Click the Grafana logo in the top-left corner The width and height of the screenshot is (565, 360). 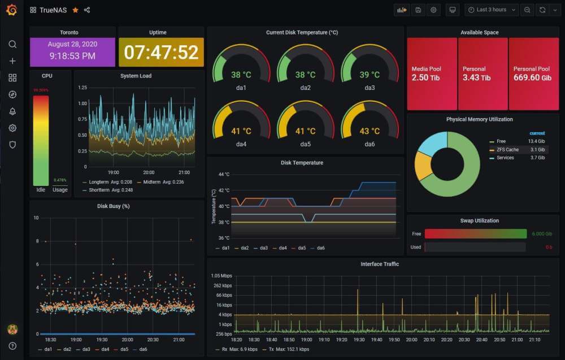tap(12, 10)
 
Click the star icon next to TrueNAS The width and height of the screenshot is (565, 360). tap(75, 10)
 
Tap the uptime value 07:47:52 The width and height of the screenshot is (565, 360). tap(161, 53)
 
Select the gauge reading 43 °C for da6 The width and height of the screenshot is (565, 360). tap(370, 131)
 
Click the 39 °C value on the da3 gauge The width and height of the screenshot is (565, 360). tap(370, 75)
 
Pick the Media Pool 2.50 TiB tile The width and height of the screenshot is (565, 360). tap(432, 73)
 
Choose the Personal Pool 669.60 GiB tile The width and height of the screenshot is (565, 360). tap(532, 73)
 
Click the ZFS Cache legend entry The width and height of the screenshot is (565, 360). tap(507, 150)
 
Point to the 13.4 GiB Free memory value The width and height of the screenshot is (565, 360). tap(536, 141)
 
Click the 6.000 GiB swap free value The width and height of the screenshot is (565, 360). tap(541, 233)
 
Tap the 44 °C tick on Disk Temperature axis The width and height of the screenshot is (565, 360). tap(224, 175)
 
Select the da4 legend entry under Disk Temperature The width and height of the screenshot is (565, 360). tap(281, 248)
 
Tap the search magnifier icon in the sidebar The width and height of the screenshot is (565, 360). tap(12, 44)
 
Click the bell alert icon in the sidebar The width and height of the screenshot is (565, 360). tap(12, 111)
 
